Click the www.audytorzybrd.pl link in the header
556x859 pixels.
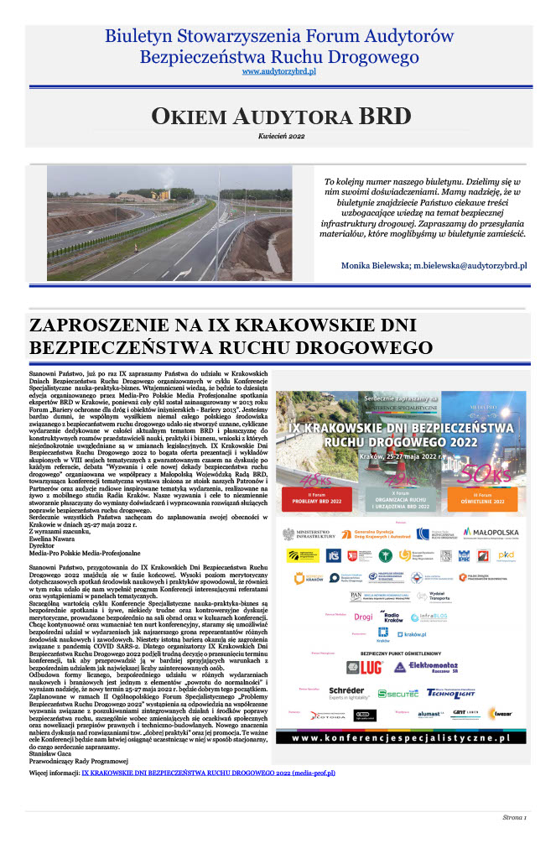[278, 73]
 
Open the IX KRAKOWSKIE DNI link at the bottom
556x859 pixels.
[207, 773]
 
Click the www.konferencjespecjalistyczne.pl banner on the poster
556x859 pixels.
[403, 737]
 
